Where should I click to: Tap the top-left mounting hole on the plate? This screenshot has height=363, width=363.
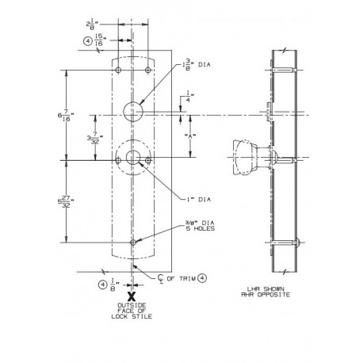tap(118, 71)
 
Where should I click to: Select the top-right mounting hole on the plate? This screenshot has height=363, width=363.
tap(146, 71)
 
